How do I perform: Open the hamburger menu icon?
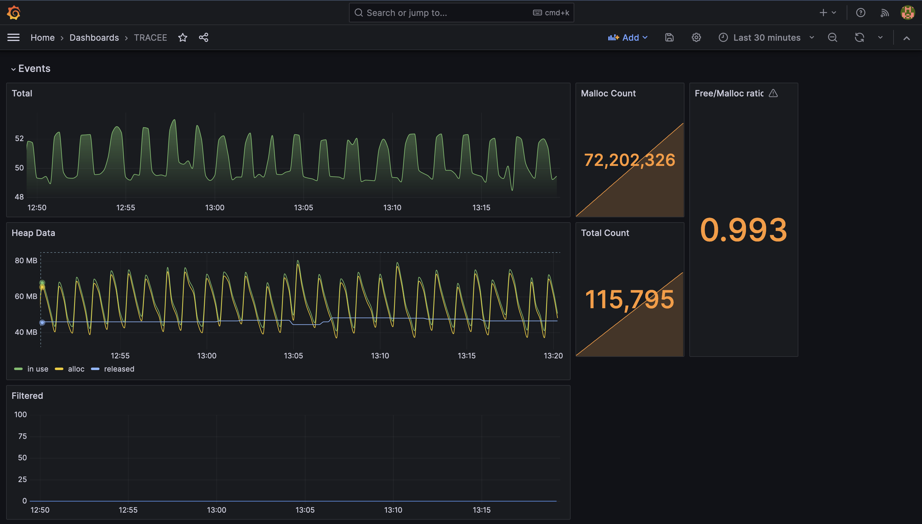[13, 37]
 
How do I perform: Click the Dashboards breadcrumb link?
[94, 37]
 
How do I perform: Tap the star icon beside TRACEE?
[182, 37]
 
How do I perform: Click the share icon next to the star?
[203, 37]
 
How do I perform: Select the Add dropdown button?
[628, 37]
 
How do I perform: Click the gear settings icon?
[696, 37]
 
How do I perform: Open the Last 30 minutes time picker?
[766, 37]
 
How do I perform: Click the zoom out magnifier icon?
[832, 37]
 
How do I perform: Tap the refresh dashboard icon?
[859, 37]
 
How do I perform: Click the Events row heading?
[34, 68]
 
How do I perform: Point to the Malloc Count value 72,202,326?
[629, 160]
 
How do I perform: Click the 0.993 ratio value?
[743, 230]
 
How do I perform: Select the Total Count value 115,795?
[629, 299]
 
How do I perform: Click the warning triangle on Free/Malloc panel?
[773, 93]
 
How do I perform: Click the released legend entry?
[119, 369]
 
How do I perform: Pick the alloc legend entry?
[76, 369]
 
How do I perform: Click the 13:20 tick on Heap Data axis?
[553, 356]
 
